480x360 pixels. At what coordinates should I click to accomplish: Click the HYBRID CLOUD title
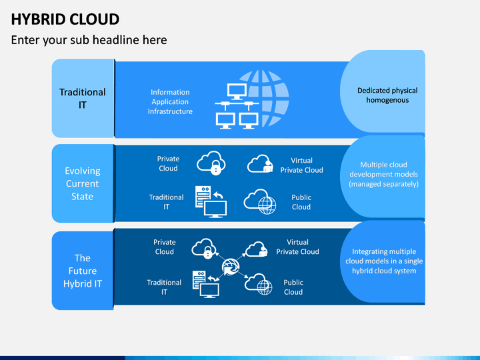(65, 19)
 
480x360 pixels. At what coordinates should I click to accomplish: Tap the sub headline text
(89, 40)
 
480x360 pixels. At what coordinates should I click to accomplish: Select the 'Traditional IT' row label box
(83, 98)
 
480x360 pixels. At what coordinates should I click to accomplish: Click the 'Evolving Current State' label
(83, 183)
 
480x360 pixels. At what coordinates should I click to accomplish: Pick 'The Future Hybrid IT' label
(83, 271)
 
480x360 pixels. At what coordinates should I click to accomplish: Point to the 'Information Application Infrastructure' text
(170, 101)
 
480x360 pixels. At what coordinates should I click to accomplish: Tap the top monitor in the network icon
(237, 91)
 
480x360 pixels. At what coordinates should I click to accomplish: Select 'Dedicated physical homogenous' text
(387, 95)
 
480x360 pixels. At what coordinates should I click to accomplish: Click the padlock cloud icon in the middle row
(211, 163)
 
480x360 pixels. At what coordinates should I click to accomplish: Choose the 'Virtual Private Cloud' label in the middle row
(301, 165)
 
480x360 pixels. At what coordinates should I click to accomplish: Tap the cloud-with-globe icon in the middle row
(260, 201)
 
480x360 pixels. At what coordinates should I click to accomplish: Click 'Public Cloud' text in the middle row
(301, 202)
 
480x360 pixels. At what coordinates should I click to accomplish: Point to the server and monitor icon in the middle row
(211, 202)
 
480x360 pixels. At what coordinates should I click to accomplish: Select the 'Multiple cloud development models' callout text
(383, 174)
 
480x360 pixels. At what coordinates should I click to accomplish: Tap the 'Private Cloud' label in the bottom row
(165, 247)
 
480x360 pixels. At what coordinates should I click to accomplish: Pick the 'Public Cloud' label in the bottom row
(293, 287)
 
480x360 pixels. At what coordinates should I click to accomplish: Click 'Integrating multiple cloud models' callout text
(384, 261)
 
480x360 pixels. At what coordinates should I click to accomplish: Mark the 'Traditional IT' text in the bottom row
(164, 287)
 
